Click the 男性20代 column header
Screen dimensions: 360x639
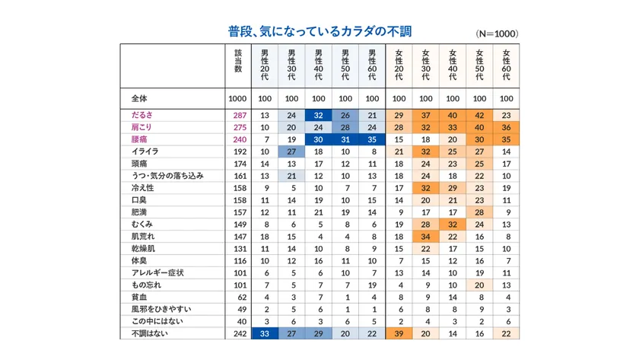tap(265, 64)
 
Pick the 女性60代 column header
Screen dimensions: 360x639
tap(507, 64)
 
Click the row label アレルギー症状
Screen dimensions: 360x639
tap(158, 272)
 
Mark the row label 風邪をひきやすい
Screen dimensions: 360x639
tap(161, 309)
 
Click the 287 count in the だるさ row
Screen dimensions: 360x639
tap(237, 114)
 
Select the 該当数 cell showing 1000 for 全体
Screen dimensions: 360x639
tap(237, 98)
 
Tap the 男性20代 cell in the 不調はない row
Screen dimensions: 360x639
tap(265, 333)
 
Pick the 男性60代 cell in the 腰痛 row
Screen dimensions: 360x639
tap(372, 139)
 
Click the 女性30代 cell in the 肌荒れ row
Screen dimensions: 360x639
tap(426, 236)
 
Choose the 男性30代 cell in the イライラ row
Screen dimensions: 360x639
tap(291, 151)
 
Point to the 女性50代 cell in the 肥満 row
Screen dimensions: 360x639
tap(479, 212)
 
